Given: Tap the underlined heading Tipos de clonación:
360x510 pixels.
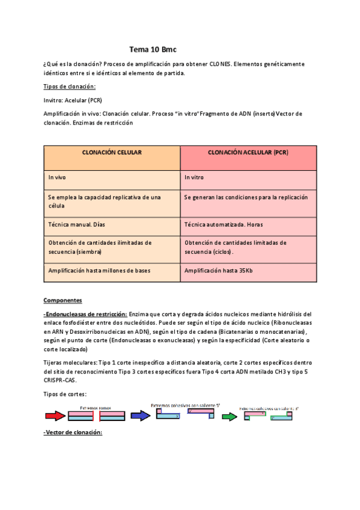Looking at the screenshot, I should pos(70,87).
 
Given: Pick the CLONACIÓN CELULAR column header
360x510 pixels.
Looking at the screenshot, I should pos(112,153).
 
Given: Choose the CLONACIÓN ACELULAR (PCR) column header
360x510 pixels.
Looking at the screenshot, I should pos(248,153).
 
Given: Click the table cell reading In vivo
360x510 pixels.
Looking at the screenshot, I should pos(58,178).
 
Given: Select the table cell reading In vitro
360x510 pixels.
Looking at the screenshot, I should pos(195,178).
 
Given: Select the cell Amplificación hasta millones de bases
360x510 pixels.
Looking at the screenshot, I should pos(99,271).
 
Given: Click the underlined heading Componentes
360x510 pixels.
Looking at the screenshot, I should pos(63,300).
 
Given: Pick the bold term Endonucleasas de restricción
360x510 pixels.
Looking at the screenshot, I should pos(86,314).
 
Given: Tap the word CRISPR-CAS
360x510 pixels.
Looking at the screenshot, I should pos(60,381).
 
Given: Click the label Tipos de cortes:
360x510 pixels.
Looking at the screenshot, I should pos(65,394).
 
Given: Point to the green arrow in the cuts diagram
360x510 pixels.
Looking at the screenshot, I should pos(230,416).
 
